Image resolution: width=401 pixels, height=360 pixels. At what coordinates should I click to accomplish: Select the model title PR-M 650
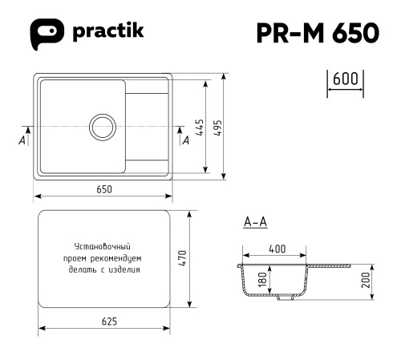(x=318, y=33)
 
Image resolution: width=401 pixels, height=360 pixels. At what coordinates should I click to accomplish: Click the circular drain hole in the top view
(x=103, y=127)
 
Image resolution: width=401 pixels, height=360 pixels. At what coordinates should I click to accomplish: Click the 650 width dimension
(x=103, y=189)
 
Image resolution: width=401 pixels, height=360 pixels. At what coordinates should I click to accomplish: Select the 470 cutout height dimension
(x=183, y=258)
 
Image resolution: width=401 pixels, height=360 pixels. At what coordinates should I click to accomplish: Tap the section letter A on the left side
(x=21, y=140)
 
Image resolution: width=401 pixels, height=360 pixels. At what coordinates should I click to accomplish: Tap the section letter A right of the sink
(x=186, y=140)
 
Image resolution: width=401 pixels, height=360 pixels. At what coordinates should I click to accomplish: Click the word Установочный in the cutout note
(x=102, y=247)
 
